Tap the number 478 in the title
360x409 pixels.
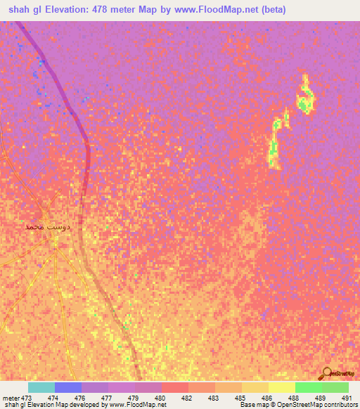pyautogui.click(x=112, y=9)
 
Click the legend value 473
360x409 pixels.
pyautogui.click(x=27, y=398)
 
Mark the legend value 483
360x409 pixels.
pyautogui.click(x=213, y=398)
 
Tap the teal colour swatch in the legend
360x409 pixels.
pyautogui.click(x=41, y=387)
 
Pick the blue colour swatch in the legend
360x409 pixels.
pyautogui.click(x=68, y=387)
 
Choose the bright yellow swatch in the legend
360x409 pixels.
pyautogui.click(x=282, y=387)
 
